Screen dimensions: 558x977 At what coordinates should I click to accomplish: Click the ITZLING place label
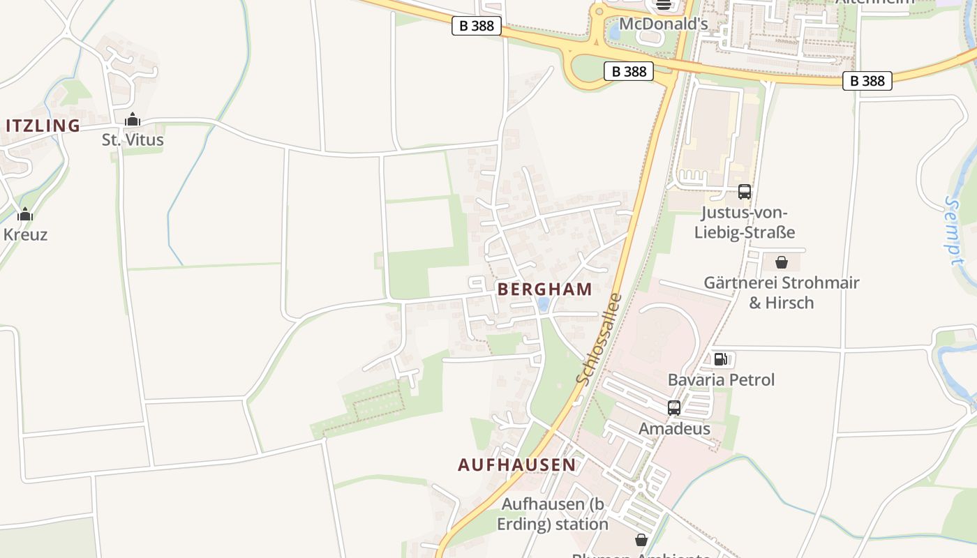pos(43,126)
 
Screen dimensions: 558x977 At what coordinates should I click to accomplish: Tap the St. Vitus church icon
pos(133,120)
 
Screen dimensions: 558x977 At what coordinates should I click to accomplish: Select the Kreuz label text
pos(25,234)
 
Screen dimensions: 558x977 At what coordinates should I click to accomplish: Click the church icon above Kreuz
pos(25,214)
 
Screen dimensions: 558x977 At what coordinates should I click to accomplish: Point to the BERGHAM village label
pos(545,289)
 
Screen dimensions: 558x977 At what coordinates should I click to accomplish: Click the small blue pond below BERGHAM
pos(543,304)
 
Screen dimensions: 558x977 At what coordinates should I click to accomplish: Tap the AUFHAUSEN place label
pos(517,465)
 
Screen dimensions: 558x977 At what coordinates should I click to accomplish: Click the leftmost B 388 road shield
pos(477,27)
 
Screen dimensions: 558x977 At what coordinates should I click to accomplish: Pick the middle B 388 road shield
pos(629,71)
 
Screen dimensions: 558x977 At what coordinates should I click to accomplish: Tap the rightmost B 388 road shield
pos(867,81)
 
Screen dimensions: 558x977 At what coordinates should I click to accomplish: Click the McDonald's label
pos(664,24)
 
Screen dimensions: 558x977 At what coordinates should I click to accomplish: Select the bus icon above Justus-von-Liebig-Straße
pos(745,191)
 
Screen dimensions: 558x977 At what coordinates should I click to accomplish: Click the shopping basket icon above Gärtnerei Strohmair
pos(782,262)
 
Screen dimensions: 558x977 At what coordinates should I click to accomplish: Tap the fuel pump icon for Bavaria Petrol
pos(721,359)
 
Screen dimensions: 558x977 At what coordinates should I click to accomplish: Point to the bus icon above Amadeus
pos(674,408)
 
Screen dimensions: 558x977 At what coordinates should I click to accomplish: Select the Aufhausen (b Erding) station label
pos(553,513)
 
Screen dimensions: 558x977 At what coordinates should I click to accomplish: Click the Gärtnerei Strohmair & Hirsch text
pos(781,292)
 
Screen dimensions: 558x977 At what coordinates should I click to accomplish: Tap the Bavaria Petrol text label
pos(721,380)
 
